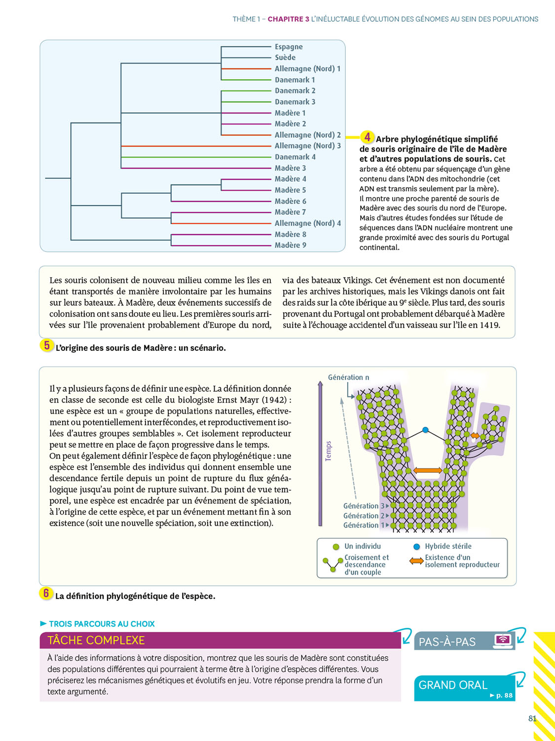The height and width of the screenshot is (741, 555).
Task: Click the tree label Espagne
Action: tap(289, 47)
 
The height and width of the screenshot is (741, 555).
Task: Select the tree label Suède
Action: tap(285, 58)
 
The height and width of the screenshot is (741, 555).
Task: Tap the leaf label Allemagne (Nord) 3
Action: tap(307, 146)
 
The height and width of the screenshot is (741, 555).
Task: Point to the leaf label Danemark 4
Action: tap(295, 157)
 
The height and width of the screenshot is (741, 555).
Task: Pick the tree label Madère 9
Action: tap(290, 245)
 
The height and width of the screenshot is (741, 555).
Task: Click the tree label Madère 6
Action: tap(290, 201)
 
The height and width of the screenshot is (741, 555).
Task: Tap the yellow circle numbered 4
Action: tap(367, 137)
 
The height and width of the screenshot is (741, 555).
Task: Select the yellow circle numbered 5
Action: tap(46, 345)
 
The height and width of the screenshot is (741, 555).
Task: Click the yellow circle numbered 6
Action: tap(46, 593)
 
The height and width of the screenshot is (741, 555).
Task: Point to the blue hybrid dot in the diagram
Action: tap(425, 430)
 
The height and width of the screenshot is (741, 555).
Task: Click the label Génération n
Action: tap(348, 377)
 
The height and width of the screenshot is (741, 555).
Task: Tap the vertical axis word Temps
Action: tap(329, 451)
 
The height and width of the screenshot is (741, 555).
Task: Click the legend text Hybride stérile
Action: tap(448, 546)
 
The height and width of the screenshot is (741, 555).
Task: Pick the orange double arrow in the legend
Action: tap(416, 561)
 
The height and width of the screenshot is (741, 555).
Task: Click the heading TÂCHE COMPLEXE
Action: tap(96, 640)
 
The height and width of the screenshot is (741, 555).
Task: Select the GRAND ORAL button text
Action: tap(453, 685)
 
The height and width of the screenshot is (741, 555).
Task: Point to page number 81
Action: tap(532, 719)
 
